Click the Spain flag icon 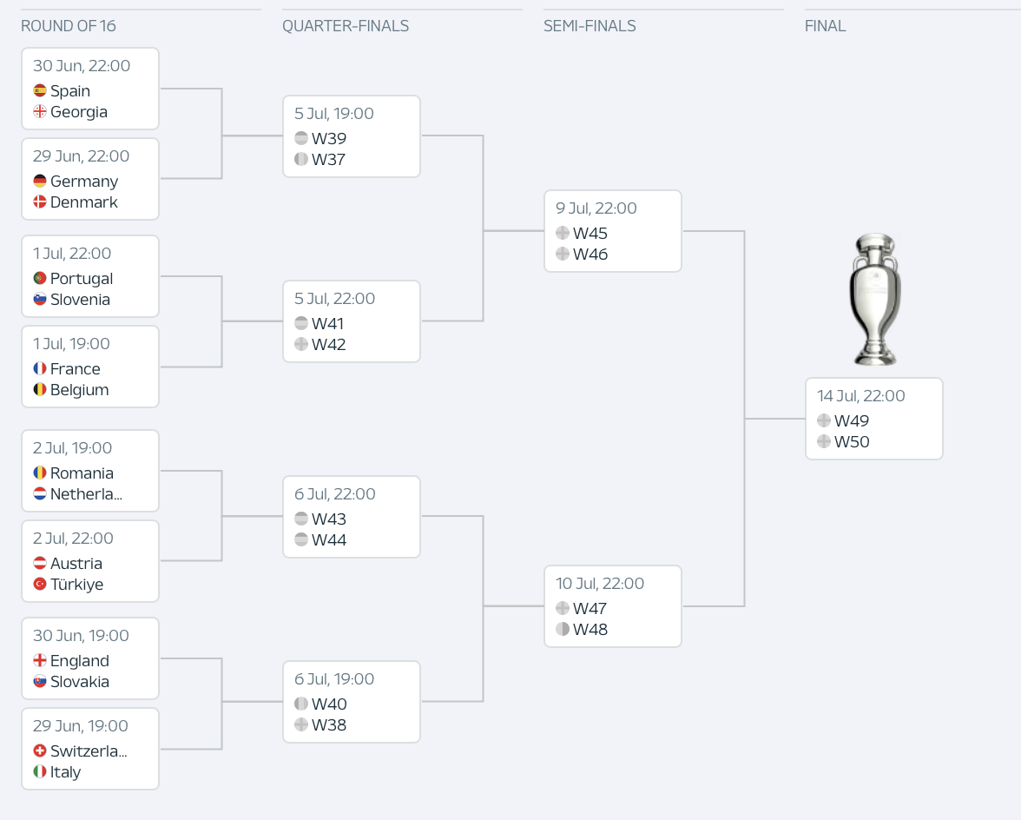click(40, 90)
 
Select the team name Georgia click(79, 112)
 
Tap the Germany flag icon click(40, 181)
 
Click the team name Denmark click(84, 202)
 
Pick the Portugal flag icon click(40, 278)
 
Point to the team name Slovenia click(80, 300)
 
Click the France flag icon click(40, 368)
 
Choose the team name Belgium click(80, 390)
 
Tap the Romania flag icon click(40, 473)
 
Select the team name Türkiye click(76, 585)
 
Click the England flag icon click(40, 660)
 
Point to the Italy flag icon click(40, 772)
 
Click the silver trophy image click(875, 300)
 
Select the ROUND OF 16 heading click(69, 26)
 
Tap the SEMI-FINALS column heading click(590, 26)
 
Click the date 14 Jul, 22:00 click(861, 396)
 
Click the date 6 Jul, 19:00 click(334, 679)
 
